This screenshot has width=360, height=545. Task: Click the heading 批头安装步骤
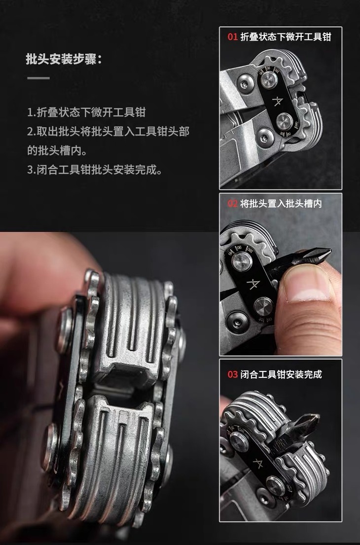pos(64,59)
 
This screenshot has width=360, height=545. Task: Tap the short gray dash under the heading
pos(38,78)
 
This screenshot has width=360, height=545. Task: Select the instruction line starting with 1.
pos(86,112)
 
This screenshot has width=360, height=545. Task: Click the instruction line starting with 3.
pos(95,170)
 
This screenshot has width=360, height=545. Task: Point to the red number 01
pos(232,37)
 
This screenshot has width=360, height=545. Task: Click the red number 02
pos(232,203)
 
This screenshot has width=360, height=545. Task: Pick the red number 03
pos(232,374)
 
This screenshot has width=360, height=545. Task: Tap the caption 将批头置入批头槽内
pos(281,203)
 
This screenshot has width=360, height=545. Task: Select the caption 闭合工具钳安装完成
pos(281,374)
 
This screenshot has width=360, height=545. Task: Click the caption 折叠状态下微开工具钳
pos(286,37)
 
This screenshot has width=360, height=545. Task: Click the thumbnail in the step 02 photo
pos(306,286)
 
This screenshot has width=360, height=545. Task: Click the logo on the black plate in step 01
pos(278,101)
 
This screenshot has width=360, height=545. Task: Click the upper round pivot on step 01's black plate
pos(269,80)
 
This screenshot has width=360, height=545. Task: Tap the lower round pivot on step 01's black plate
pos(285,121)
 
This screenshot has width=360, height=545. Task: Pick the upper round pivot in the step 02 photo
pos(242,261)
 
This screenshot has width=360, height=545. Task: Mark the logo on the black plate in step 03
pos(257,463)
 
